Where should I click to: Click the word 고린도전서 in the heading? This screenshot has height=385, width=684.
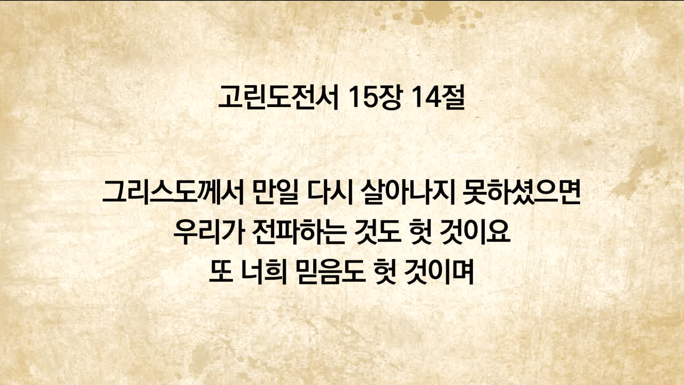(x=278, y=97)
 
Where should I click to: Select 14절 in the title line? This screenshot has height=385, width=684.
(x=437, y=97)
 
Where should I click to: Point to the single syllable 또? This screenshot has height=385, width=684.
(x=221, y=272)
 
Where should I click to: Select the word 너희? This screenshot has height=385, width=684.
(x=264, y=272)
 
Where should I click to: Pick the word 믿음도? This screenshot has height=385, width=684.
(x=330, y=272)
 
